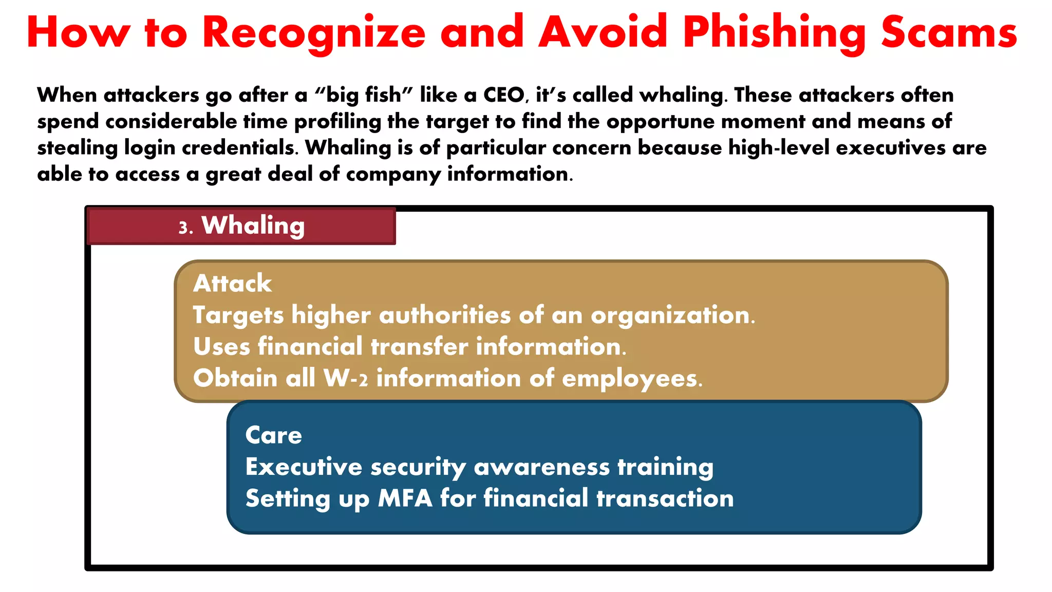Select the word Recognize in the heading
coord(314,33)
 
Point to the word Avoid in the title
coord(603,33)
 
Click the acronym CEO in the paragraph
coord(504,95)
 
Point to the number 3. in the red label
coord(185,227)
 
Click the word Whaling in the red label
coord(253,226)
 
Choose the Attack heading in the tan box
coord(232,284)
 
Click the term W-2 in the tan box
coord(346,378)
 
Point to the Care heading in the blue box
coord(273,435)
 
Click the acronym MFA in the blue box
coord(405,498)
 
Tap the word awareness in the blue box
coord(542,467)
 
